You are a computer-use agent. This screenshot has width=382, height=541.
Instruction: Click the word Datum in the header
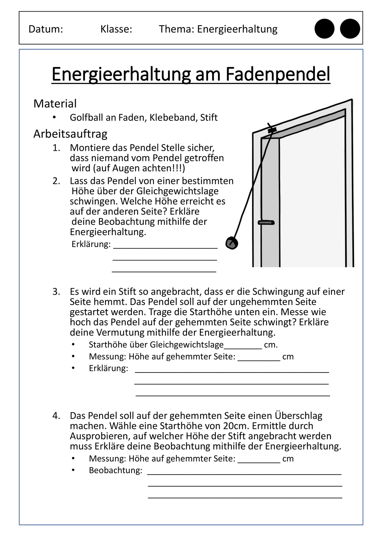click(45, 29)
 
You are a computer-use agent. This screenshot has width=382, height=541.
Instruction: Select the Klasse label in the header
click(116, 29)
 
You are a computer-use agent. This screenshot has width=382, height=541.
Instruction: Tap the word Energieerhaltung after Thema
click(237, 29)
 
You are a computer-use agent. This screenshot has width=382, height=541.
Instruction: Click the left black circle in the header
click(324, 29)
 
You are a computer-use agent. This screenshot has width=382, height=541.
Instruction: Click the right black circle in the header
click(350, 29)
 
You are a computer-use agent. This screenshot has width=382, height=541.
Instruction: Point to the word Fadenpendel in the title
click(278, 74)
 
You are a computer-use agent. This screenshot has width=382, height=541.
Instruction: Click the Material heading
click(55, 104)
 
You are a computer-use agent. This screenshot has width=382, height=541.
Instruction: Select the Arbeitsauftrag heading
click(70, 134)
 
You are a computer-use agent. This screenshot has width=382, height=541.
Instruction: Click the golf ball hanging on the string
click(232, 243)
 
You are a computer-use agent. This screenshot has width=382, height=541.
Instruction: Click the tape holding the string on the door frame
click(272, 129)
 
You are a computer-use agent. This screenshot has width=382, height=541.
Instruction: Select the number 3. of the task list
click(56, 292)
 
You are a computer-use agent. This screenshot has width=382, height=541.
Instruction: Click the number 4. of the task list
click(56, 416)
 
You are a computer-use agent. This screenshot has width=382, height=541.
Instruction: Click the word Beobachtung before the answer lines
click(115, 470)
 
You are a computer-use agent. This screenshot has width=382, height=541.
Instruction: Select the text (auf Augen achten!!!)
click(128, 168)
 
